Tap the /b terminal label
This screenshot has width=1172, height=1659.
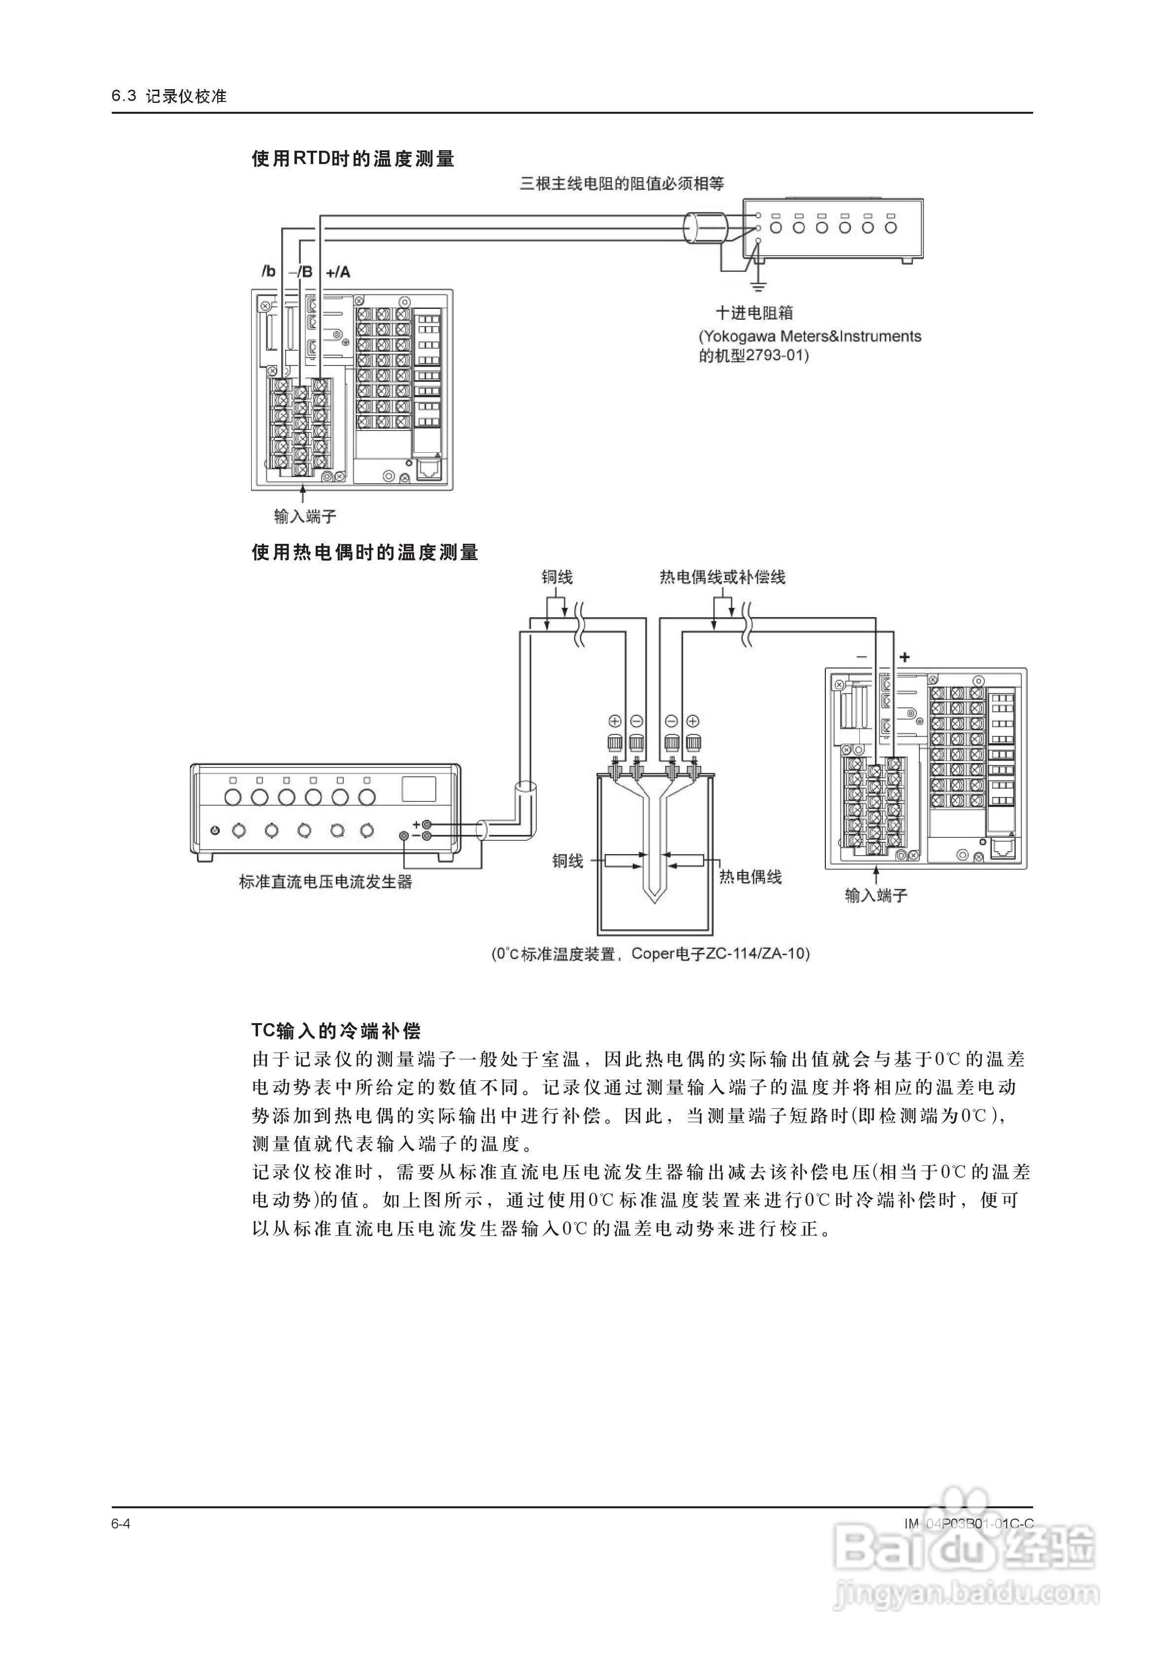coord(269,272)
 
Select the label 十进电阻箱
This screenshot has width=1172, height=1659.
coord(754,313)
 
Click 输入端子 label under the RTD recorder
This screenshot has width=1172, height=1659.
coord(305,516)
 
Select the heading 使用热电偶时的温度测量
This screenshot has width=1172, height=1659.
coord(365,553)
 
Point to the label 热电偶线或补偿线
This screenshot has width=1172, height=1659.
coord(722,577)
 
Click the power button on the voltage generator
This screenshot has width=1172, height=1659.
coord(215,831)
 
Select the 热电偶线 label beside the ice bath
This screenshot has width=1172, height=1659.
coord(750,877)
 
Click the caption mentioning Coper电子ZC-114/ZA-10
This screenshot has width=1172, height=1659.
coord(651,954)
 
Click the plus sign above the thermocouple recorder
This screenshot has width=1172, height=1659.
coord(904,657)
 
